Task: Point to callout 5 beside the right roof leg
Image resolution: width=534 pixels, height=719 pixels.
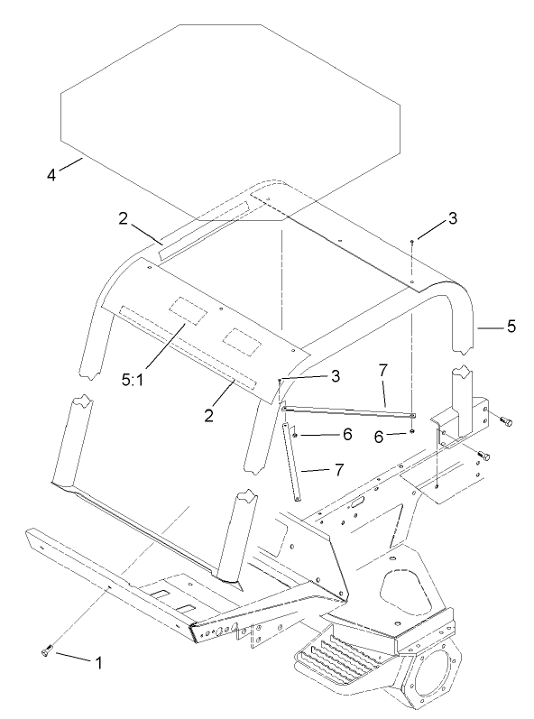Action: pos(511,327)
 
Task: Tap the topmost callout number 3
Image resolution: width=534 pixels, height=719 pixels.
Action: pos(452,219)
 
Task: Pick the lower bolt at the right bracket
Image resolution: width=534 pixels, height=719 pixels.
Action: pos(484,456)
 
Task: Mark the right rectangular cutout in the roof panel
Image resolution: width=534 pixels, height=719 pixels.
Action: pos(241,338)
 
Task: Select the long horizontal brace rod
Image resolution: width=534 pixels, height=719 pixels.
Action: pos(347,411)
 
